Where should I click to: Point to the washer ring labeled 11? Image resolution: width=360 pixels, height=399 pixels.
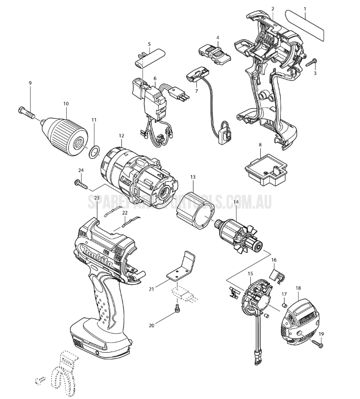click(x=94, y=149)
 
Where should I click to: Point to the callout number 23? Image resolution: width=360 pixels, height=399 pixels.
click(x=96, y=198)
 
